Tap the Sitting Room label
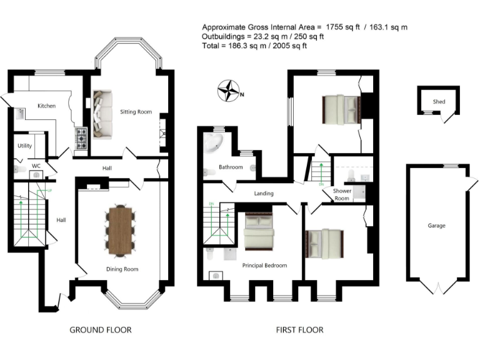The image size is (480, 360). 136,112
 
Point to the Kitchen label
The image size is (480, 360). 47,106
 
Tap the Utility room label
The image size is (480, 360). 24,145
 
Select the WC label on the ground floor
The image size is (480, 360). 36,166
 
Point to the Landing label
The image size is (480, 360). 264,194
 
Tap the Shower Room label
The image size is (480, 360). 341,194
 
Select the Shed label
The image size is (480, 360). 439,102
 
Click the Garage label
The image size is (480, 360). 436,226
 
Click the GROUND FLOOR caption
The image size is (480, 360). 101,330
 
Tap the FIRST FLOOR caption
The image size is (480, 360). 299,330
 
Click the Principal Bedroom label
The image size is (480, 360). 264,266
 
